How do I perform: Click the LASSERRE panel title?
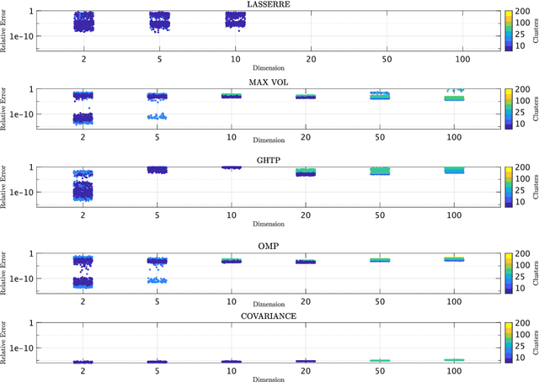coord(269,4)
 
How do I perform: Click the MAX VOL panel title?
coord(269,82)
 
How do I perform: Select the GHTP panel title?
coord(269,160)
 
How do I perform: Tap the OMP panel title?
coord(269,238)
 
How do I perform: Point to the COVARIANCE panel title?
coord(269,316)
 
